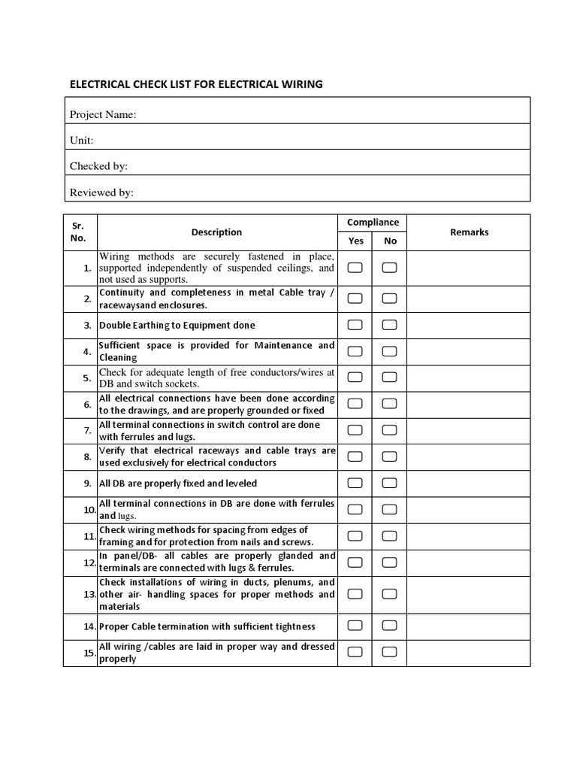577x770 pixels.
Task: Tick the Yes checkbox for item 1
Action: coord(355,268)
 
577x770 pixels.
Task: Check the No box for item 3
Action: coord(389,325)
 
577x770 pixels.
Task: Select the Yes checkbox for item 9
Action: coord(355,483)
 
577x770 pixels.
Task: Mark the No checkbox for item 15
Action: coord(389,652)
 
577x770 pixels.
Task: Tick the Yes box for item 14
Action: coord(355,626)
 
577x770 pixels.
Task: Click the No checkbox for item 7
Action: coord(389,430)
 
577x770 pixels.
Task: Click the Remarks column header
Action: coord(469,232)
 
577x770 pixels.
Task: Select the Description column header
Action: coord(216,232)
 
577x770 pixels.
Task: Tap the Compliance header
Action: coord(373,223)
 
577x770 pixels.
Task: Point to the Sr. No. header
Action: coord(79,232)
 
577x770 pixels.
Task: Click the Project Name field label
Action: coord(103,114)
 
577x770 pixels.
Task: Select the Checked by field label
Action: coord(98,166)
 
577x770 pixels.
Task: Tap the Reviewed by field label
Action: coord(101,192)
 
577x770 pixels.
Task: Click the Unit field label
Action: coord(81,141)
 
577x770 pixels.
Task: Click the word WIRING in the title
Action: coord(300,84)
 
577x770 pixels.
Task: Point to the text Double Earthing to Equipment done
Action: coord(177,326)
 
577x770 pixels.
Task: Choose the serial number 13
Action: coord(89,594)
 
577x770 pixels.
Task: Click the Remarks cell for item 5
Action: coord(469,377)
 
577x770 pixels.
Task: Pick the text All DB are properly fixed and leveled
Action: coord(178,484)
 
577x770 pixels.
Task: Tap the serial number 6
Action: coord(88,405)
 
